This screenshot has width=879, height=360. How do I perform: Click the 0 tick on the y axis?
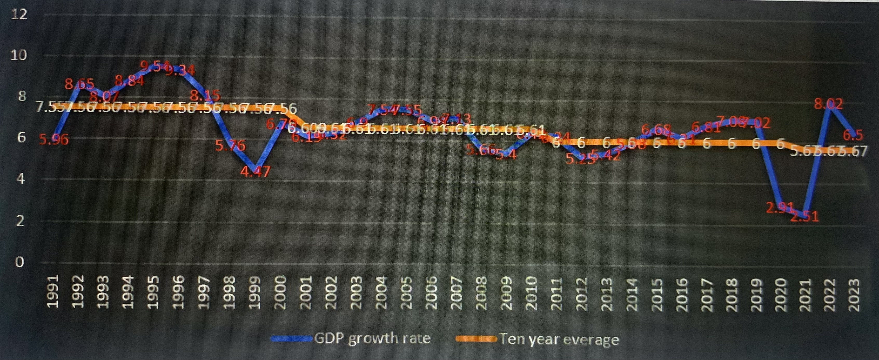[19, 262]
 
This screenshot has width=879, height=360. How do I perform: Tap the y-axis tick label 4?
[21, 179]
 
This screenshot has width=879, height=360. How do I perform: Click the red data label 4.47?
[255, 171]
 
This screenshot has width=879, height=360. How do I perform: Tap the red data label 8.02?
[829, 103]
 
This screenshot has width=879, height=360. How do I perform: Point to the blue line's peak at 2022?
[829, 108]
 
